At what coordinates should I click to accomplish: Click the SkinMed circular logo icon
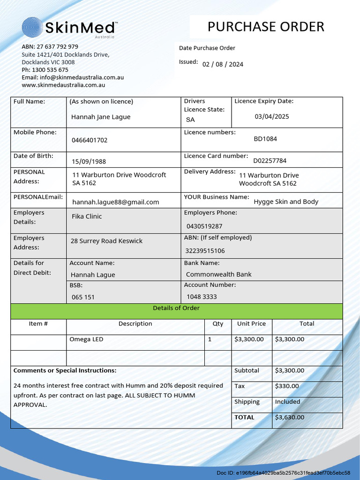click(x=32, y=28)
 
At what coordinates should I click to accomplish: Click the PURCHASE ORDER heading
click(x=266, y=27)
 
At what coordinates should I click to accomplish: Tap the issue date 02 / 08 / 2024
click(x=223, y=65)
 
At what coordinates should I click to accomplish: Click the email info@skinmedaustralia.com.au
click(x=82, y=77)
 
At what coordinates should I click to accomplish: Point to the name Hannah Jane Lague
click(x=101, y=117)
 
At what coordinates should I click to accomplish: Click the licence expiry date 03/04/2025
click(x=272, y=116)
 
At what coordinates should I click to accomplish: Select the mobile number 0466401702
click(x=90, y=140)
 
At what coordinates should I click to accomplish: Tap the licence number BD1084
click(x=265, y=139)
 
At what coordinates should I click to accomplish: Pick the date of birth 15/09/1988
click(x=89, y=162)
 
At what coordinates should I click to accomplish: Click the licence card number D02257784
click(x=270, y=161)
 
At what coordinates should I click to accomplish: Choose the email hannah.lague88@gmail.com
click(x=115, y=202)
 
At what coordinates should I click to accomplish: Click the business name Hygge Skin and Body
click(x=286, y=202)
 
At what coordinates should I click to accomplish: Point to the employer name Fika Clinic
click(x=87, y=217)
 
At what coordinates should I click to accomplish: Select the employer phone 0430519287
click(x=204, y=226)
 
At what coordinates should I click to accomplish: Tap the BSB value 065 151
click(x=83, y=297)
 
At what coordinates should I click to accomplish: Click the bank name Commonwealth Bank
click(x=218, y=275)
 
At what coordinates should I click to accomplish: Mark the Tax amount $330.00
click(x=287, y=386)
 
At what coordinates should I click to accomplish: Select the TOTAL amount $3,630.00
click(x=289, y=417)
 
